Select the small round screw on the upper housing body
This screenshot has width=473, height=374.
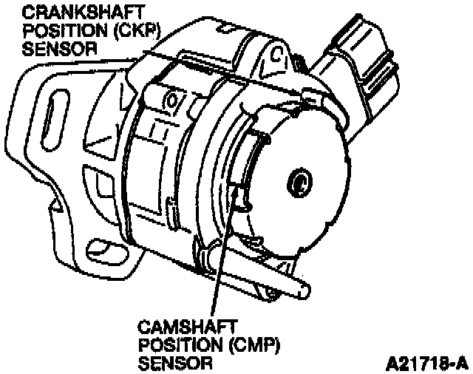pyautogui.click(x=174, y=98)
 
